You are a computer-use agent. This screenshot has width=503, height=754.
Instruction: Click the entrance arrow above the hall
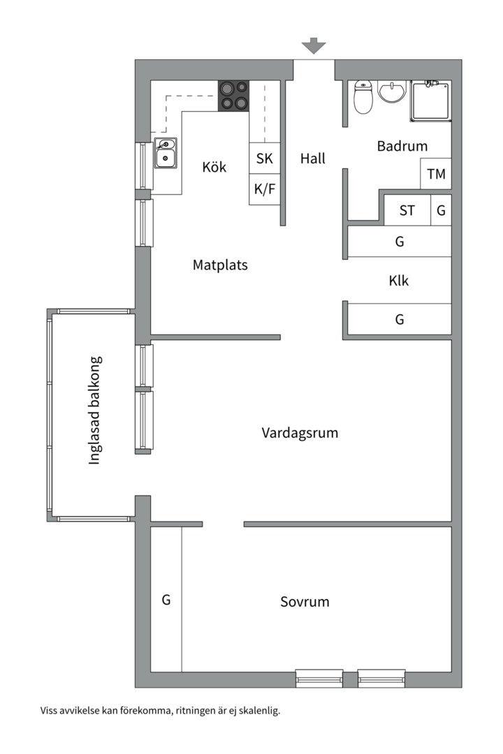pos(314,46)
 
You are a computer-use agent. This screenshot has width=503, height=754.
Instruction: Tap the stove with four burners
pos(234,96)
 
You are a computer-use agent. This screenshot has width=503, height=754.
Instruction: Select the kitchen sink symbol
pos(166,153)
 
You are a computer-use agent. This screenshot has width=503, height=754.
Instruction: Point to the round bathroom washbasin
pos(393,91)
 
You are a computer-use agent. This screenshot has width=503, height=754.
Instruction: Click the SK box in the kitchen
pos(265,158)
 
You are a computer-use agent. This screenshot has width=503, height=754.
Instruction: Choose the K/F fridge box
pos(265,189)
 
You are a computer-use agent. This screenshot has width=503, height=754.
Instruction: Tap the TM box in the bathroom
pos(436,174)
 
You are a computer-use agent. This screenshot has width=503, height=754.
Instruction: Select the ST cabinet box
pos(407,209)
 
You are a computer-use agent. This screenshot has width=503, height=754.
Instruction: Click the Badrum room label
pos(402,147)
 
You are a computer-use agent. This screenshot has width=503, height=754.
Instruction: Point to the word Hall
pos(313,158)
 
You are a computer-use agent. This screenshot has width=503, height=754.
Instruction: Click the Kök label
pos(214,168)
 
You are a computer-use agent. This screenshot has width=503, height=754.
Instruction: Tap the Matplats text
pos(220,265)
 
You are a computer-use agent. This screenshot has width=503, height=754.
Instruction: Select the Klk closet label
pos(399,281)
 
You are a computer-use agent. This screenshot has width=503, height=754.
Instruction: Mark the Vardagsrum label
pos(300,433)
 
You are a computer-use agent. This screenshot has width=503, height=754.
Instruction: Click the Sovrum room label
pos(305,602)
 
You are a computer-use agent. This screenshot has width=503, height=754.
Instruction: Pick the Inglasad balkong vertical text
pos(96,411)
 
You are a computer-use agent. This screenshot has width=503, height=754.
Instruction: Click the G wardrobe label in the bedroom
pos(166,599)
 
